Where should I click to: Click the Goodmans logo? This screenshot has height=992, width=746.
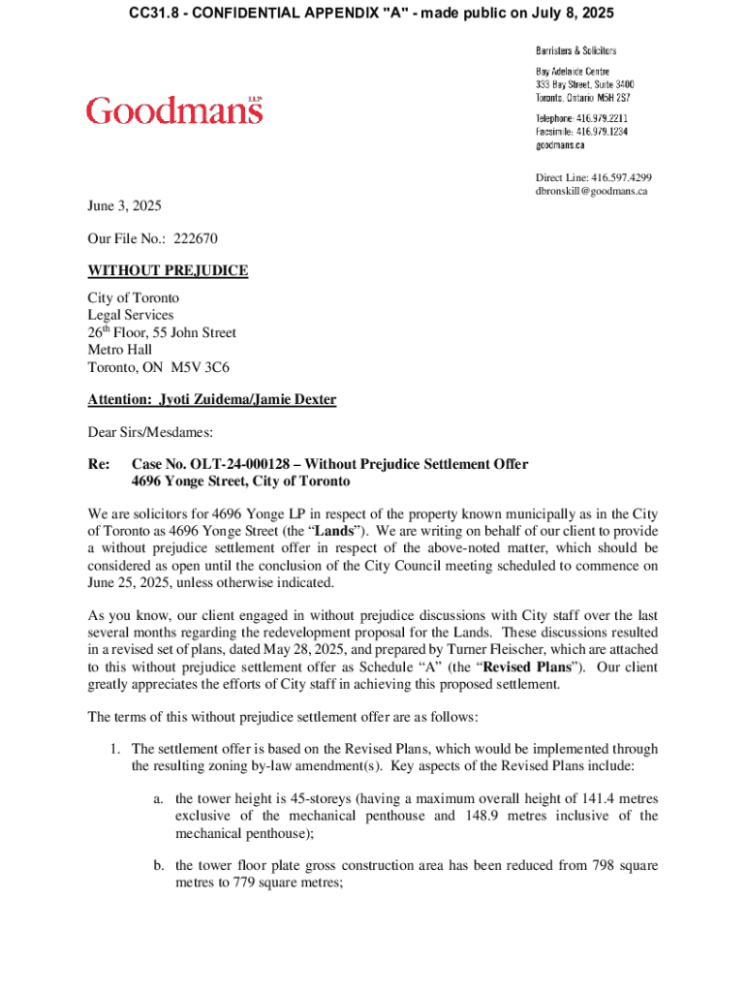[174, 111]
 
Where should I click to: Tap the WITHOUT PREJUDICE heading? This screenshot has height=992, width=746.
[168, 270]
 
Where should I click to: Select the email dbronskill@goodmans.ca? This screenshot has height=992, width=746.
[591, 191]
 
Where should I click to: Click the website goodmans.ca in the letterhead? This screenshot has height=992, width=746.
[560, 144]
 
